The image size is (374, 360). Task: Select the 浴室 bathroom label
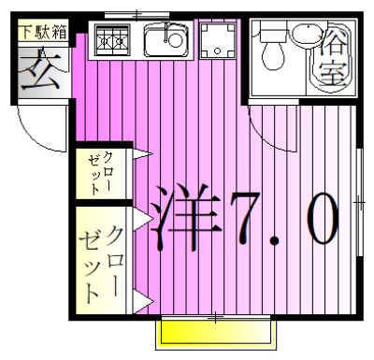[x=335, y=56]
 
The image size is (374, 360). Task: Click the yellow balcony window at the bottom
[x=215, y=331]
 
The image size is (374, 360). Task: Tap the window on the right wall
[x=360, y=201]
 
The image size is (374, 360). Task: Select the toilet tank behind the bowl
[x=273, y=33]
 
